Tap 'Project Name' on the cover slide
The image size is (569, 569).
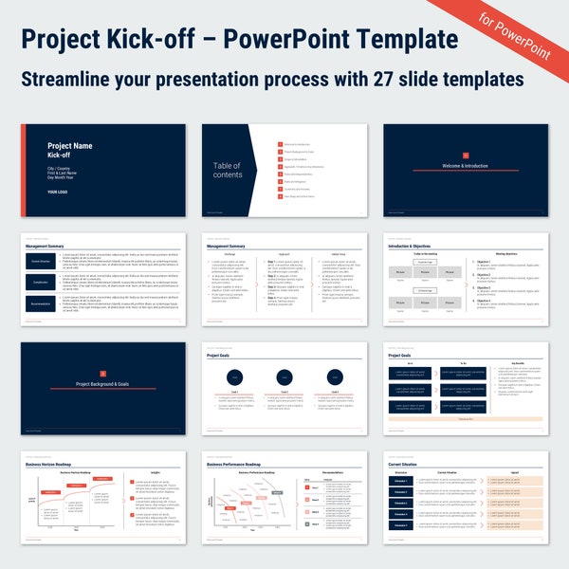click(70, 146)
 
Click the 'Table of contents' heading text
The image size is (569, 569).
click(227, 170)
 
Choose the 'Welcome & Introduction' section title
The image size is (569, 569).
click(465, 166)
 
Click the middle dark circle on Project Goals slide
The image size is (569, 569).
click(284, 376)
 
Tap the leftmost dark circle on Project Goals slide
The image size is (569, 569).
click(234, 376)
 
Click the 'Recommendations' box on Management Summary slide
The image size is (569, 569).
click(42, 304)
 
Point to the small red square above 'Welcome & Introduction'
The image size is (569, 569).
click(465, 155)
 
